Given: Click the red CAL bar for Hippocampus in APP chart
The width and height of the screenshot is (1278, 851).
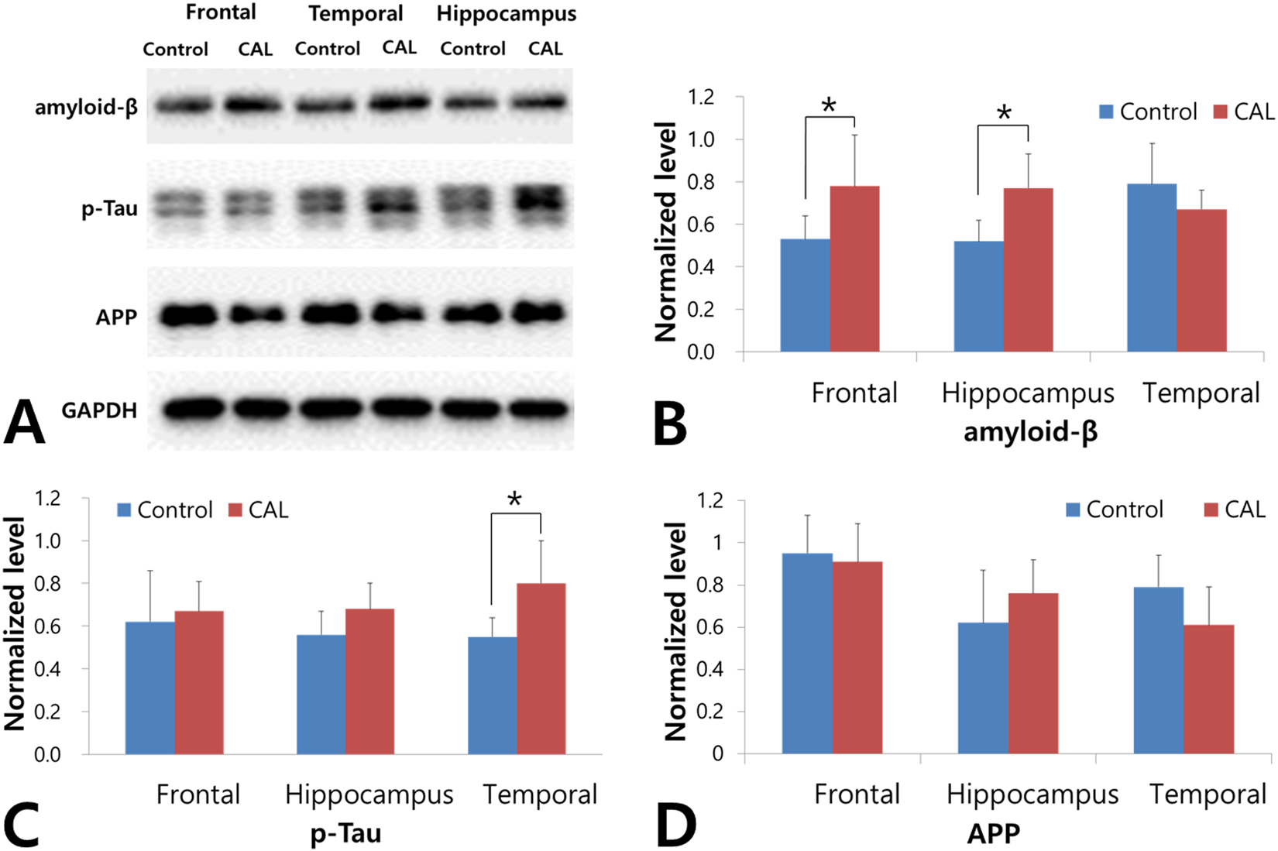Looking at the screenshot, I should tap(1033, 673).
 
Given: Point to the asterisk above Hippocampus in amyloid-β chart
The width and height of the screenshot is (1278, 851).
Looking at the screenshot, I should tap(1004, 113).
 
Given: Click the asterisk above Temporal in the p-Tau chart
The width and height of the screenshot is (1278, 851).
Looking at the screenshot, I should tap(515, 500).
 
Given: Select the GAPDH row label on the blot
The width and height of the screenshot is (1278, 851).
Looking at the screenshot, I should tap(99, 410).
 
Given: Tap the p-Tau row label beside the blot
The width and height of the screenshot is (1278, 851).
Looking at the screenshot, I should tap(109, 208).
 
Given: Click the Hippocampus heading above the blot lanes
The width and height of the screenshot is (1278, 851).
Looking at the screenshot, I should tap(506, 14).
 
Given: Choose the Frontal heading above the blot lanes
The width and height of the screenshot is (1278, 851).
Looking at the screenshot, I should tap(221, 12).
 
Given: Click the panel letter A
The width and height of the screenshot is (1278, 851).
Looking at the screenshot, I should tap(24, 421).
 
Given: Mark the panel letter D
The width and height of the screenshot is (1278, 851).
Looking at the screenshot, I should tap(675, 825).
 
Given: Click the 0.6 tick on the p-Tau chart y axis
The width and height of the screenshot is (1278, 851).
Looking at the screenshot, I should tap(48, 626).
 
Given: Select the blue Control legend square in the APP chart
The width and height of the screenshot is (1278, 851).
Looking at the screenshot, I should tap(1074, 510).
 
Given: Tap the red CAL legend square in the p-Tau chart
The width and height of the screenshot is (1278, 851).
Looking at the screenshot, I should tap(235, 510).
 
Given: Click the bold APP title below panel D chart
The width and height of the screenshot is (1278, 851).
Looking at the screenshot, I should tap(994, 833).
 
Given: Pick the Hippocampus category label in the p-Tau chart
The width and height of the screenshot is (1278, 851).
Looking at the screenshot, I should tap(369, 794).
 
